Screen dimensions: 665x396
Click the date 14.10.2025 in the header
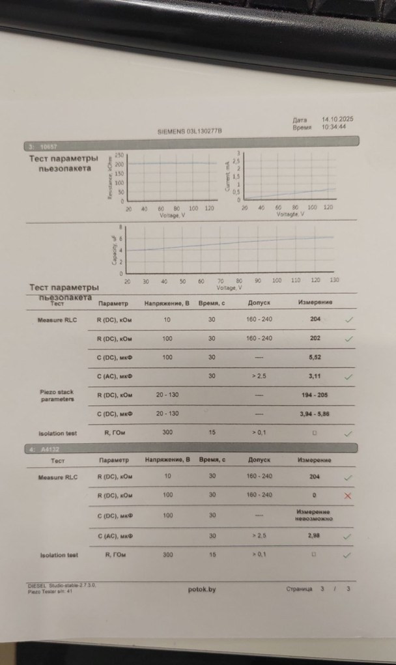pyautogui.click(x=337, y=119)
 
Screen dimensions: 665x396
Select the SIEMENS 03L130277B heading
pyautogui.click(x=190, y=131)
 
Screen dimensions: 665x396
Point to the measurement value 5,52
pyautogui.click(x=315, y=358)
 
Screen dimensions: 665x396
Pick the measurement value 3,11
pyautogui.click(x=315, y=376)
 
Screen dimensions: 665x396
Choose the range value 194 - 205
pyautogui.click(x=315, y=395)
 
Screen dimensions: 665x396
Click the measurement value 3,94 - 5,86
pyautogui.click(x=315, y=414)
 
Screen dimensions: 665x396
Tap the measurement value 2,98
pyautogui.click(x=315, y=535)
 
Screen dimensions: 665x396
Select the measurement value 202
pyautogui.click(x=315, y=339)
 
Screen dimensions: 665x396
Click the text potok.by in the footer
pyautogui.click(x=201, y=589)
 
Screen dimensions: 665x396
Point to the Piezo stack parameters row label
pyautogui.click(x=57, y=396)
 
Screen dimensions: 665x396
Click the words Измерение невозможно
pyautogui.click(x=315, y=515)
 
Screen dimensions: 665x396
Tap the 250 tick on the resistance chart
pyautogui.click(x=119, y=155)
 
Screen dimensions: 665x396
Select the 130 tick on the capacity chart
pyautogui.click(x=334, y=281)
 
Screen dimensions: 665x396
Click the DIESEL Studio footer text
pyautogui.click(x=62, y=586)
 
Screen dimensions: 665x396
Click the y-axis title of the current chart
pyautogui.click(x=228, y=177)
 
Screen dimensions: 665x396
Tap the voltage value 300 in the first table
pyautogui.click(x=167, y=432)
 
